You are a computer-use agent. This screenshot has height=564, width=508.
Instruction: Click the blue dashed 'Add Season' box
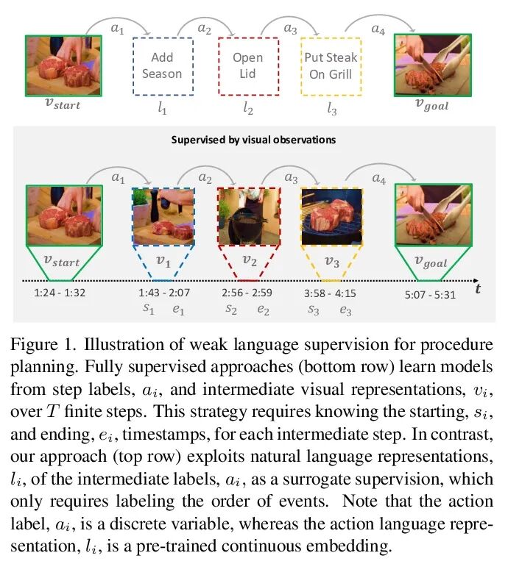tap(162, 66)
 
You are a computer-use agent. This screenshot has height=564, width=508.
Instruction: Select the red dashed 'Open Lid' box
tap(247, 66)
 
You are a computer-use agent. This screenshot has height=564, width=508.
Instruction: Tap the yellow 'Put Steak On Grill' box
tap(331, 66)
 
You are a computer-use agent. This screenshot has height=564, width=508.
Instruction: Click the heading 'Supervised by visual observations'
tap(254, 139)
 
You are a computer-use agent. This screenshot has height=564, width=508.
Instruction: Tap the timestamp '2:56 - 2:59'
tap(247, 293)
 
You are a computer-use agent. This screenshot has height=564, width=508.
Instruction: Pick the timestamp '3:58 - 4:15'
tap(331, 293)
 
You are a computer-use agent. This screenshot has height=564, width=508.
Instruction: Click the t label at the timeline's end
tap(478, 288)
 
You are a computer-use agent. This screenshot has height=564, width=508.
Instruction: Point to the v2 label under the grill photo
tap(249, 260)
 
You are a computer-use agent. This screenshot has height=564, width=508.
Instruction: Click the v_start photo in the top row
tap(63, 66)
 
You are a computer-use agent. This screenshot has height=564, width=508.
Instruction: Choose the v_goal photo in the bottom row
tap(431, 214)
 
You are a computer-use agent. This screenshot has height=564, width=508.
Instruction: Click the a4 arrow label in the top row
tap(378, 31)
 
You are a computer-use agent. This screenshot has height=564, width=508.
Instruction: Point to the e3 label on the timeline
tap(345, 310)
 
